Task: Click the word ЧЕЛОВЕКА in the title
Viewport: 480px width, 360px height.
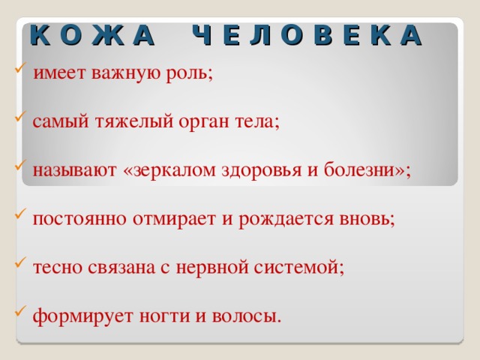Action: coord(307,34)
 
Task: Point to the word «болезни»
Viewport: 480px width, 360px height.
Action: coord(363,170)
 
